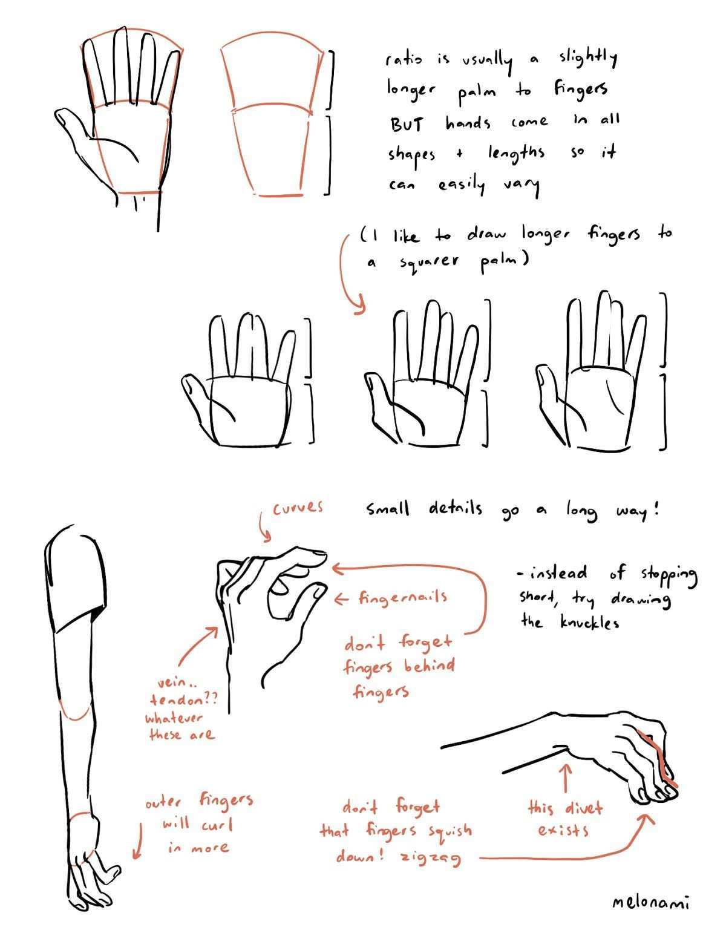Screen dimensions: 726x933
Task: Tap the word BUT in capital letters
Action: (407, 125)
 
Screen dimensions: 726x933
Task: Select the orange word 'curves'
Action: (298, 508)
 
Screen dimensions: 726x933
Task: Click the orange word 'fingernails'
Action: (403, 597)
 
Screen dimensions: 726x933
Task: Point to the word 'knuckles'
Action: (589, 622)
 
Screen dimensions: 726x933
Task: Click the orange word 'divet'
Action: (584, 808)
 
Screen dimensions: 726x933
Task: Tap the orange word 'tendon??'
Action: (183, 700)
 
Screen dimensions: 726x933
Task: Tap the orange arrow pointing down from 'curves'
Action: (264, 526)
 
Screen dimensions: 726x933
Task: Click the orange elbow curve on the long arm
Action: (76, 716)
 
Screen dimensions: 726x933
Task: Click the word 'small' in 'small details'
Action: (387, 509)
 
